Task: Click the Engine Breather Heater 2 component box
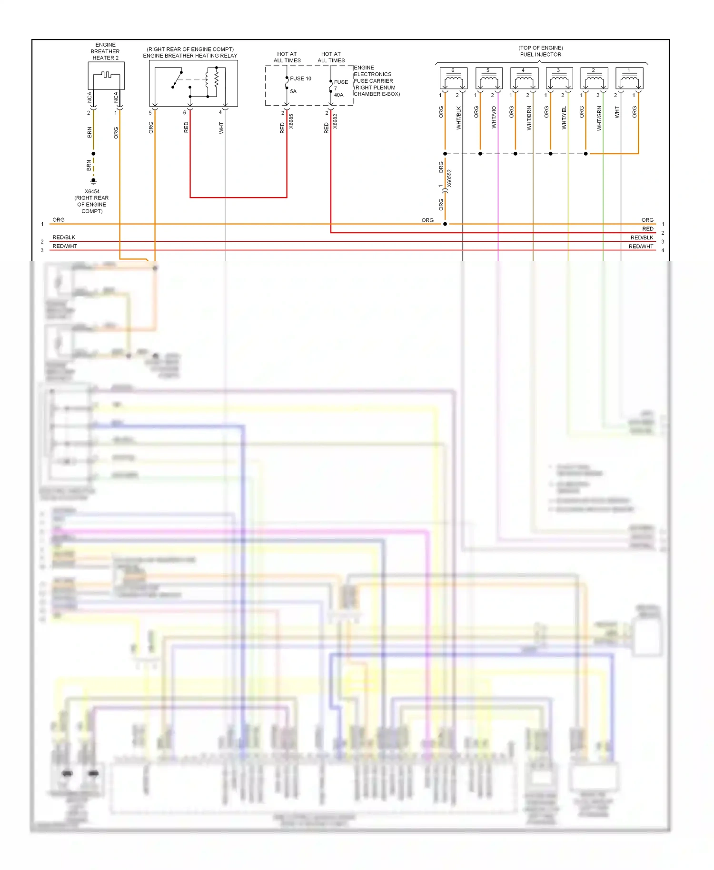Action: pos(106,76)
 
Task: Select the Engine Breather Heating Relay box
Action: pos(193,83)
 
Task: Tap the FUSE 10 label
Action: pos(300,79)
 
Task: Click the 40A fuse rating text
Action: pos(338,95)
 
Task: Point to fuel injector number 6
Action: pos(453,79)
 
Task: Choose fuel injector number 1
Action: pos(629,79)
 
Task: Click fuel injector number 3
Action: pos(559,79)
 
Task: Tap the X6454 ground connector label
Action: pos(92,192)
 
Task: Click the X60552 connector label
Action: pos(450,178)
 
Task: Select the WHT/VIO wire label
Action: pos(494,117)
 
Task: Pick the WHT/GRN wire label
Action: pos(599,118)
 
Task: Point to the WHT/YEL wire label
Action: pos(565,118)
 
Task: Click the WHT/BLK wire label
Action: pos(459,118)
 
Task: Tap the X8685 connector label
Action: pos(291,121)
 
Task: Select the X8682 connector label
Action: pos(335,121)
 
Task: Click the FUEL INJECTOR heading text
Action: pos(540,55)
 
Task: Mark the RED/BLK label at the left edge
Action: pos(64,237)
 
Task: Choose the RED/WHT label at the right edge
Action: pos(641,247)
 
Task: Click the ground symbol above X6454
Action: pos(93,181)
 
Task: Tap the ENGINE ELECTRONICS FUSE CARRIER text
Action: pos(373,78)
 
